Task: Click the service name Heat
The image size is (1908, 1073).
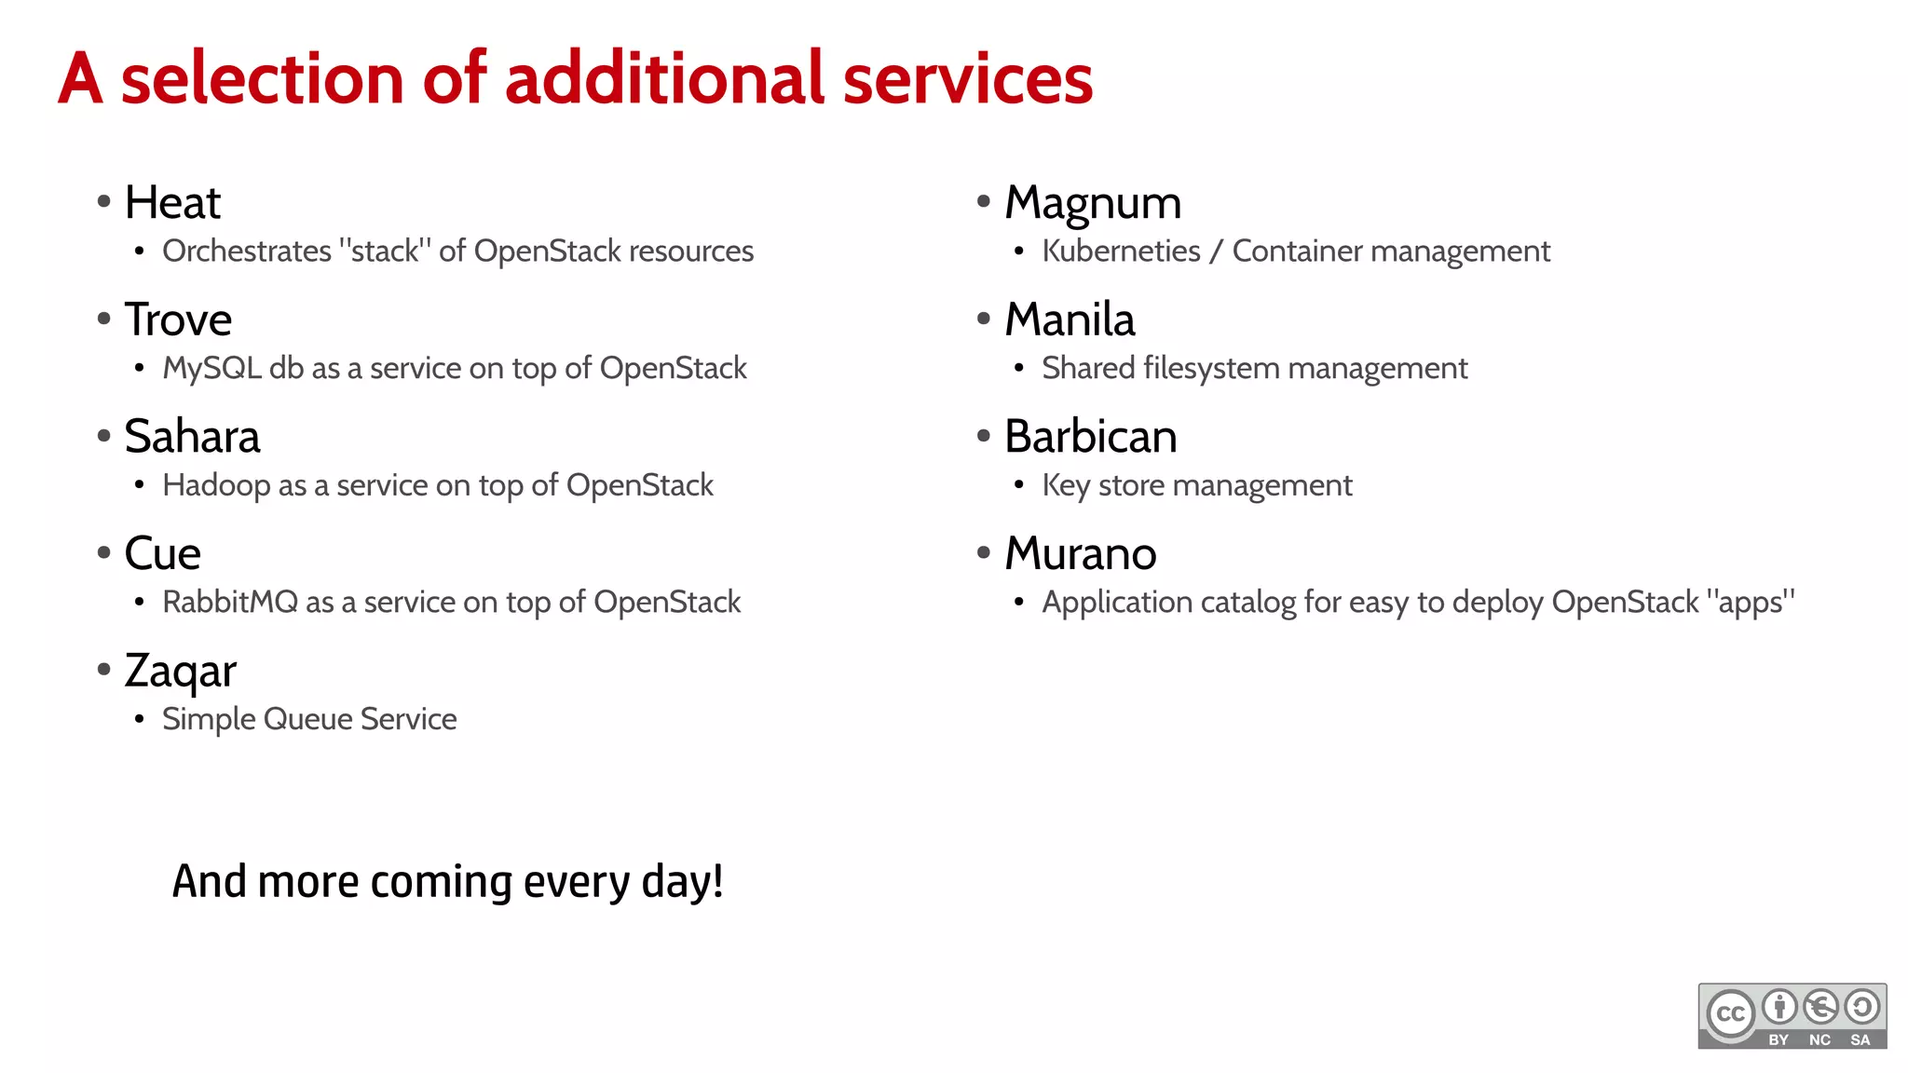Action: point(172,203)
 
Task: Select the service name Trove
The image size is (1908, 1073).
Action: point(178,320)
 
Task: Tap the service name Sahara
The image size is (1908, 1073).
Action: point(192,437)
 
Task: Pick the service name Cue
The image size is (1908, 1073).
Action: point(163,554)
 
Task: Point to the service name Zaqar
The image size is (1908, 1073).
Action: point(181,672)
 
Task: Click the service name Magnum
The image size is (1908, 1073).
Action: point(1093,203)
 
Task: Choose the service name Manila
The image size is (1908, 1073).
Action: point(1070,320)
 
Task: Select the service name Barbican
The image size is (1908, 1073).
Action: point(1091,437)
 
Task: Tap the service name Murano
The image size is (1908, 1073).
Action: point(1081,554)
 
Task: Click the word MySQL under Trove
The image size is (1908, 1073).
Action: point(211,369)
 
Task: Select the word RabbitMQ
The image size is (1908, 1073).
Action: point(230,603)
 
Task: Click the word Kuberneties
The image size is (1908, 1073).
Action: point(1121,251)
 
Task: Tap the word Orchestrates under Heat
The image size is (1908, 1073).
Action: point(247,251)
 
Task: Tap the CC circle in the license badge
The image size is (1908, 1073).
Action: point(1731,1014)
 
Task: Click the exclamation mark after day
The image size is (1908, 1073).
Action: point(717,881)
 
